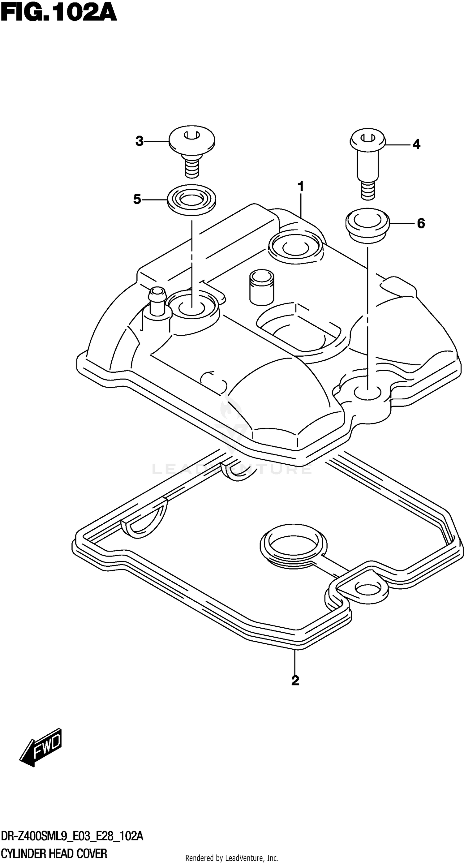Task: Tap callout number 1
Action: click(x=301, y=187)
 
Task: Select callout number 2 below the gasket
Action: click(x=295, y=680)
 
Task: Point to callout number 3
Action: click(x=139, y=141)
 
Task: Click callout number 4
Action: click(x=416, y=144)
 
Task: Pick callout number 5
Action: click(x=137, y=199)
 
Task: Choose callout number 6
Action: click(x=421, y=223)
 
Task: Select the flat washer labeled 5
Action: click(x=191, y=200)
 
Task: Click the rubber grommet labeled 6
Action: click(x=367, y=225)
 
